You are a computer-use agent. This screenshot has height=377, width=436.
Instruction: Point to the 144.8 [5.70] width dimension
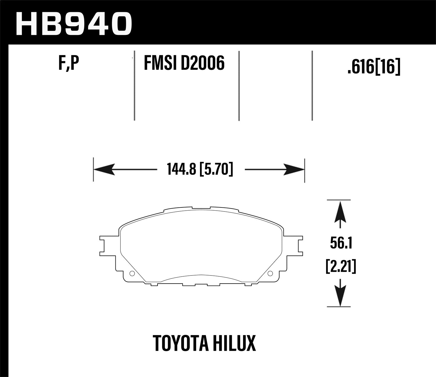(200, 169)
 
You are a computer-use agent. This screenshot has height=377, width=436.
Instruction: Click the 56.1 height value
(341, 243)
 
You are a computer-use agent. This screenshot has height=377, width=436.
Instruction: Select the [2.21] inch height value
(340, 266)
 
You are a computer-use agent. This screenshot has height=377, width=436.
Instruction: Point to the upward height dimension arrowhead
(339, 213)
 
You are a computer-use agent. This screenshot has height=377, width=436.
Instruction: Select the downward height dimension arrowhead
(339, 294)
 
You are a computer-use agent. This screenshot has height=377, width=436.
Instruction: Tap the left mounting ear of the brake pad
(106, 244)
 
